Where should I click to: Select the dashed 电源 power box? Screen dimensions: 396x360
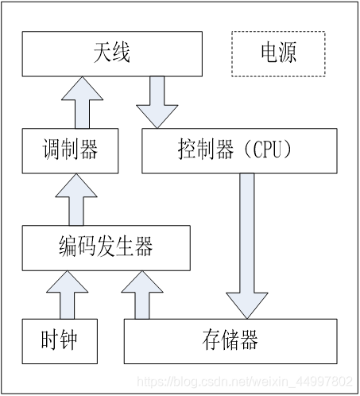click(278, 53)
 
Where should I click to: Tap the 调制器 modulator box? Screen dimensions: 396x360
click(71, 149)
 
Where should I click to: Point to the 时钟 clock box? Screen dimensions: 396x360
click(60, 340)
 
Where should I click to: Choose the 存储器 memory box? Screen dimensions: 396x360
click(230, 341)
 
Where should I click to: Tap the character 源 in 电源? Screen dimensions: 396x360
click(289, 53)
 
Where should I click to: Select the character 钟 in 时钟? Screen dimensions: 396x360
click(71, 340)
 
